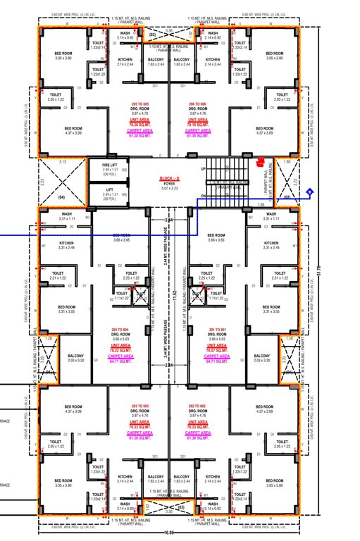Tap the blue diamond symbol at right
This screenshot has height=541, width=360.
[x=309, y=192]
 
